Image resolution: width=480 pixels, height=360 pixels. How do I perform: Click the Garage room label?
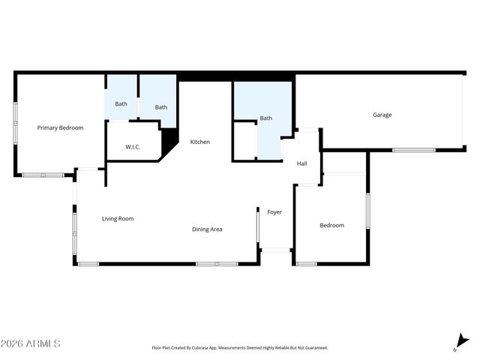coord(382,115)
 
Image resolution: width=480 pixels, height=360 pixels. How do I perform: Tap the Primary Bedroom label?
coord(60,128)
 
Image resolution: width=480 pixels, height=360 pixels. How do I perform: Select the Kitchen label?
coord(199,142)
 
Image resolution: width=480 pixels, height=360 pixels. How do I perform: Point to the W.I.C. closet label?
coord(133,147)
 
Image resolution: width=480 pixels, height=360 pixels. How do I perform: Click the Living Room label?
coord(118,219)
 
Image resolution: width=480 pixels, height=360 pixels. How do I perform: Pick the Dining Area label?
coord(207,229)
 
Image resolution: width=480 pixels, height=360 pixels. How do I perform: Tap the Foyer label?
coord(274,212)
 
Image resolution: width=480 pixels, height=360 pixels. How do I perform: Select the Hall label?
coord(301,163)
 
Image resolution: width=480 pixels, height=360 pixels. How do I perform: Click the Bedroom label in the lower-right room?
coord(331,226)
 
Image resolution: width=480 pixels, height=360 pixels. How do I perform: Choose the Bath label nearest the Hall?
coord(265,118)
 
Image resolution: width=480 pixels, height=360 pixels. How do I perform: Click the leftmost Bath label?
coord(121,103)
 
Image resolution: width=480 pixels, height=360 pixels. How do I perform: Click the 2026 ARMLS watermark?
coord(31,343)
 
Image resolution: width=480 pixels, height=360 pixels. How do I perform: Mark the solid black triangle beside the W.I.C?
coord(169,139)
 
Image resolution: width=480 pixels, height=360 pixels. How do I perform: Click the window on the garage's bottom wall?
coord(413,150)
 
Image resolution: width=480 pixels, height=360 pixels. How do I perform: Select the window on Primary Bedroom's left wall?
coord(15,123)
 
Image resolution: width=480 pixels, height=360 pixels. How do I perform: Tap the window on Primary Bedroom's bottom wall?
coord(43,175)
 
